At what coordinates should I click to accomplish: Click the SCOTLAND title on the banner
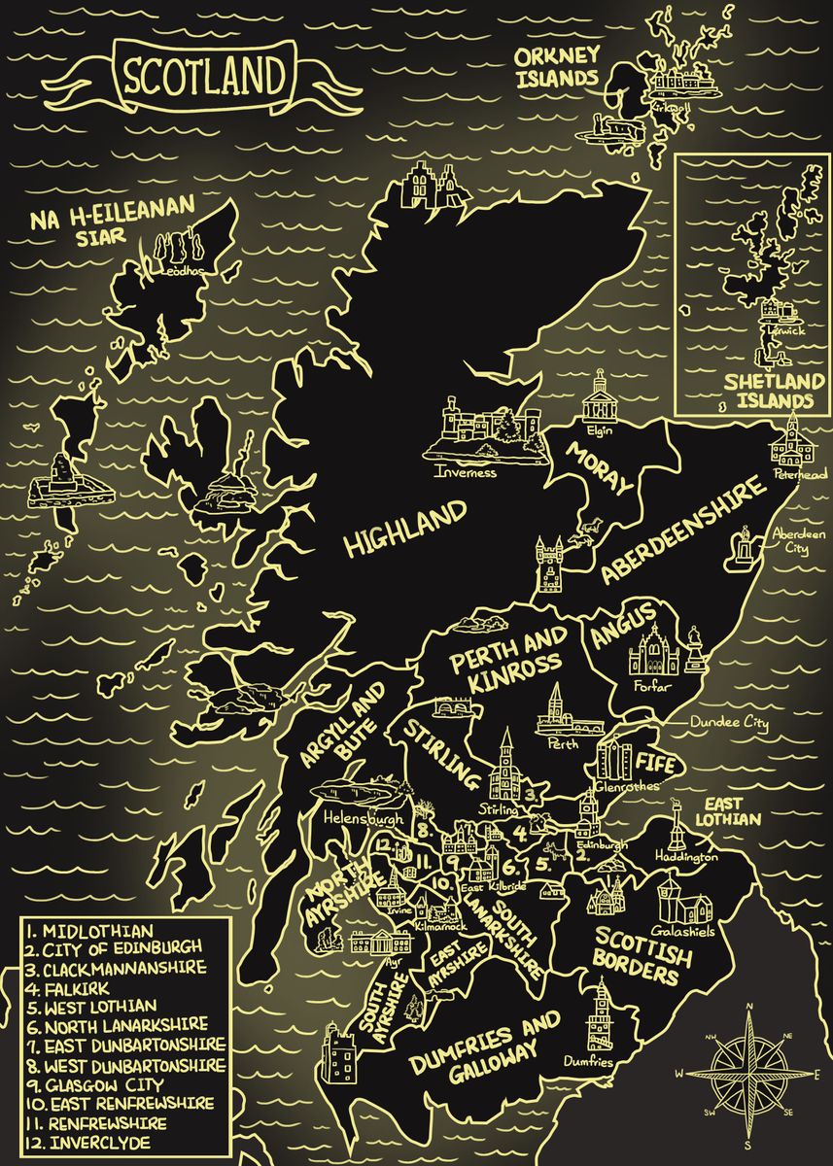click(x=203, y=75)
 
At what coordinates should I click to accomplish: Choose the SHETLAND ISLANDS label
click(x=768, y=391)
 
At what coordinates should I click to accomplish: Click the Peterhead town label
click(x=799, y=474)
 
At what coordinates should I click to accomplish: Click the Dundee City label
click(x=729, y=724)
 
